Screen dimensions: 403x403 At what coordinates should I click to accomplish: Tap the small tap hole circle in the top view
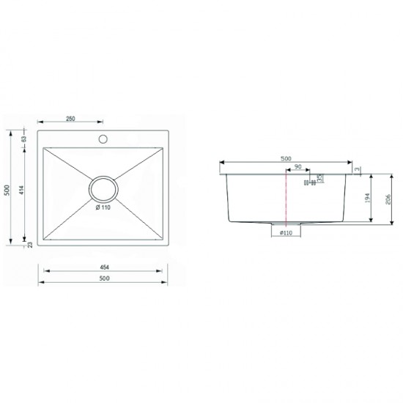[103, 138]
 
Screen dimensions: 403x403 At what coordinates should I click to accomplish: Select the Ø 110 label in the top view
[103, 207]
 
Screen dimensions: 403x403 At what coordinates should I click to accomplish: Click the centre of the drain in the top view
[103, 188]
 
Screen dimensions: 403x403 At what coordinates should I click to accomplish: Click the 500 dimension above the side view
[286, 159]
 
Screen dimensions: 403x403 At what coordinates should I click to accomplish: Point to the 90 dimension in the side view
[297, 168]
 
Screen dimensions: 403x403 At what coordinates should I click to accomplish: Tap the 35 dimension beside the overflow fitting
[319, 179]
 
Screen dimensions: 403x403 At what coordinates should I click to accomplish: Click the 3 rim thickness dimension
[358, 169]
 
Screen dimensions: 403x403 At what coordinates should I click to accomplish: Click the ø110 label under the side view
[286, 232]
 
